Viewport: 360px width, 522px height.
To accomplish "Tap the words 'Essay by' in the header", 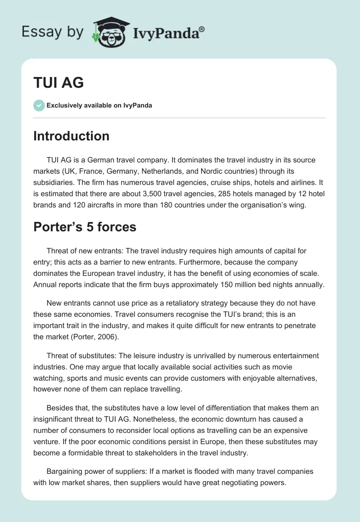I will tap(52, 32).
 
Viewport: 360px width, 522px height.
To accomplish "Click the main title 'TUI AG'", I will tap(58, 83).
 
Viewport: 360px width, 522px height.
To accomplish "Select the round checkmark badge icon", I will tap(39, 105).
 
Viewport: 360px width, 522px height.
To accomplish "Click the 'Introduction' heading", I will tap(71, 136).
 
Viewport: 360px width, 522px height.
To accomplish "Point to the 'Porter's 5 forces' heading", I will tap(85, 227).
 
